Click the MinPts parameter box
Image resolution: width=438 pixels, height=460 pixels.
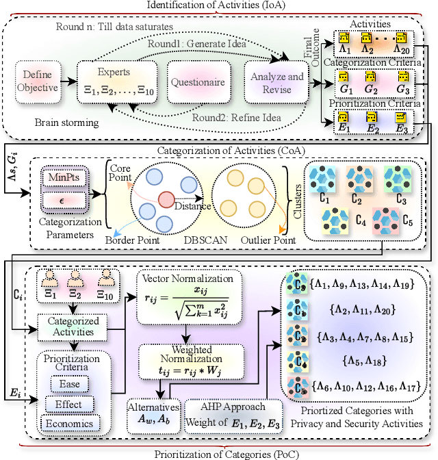[x=66, y=178]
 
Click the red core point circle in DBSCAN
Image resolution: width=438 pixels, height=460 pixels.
[x=165, y=201]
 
